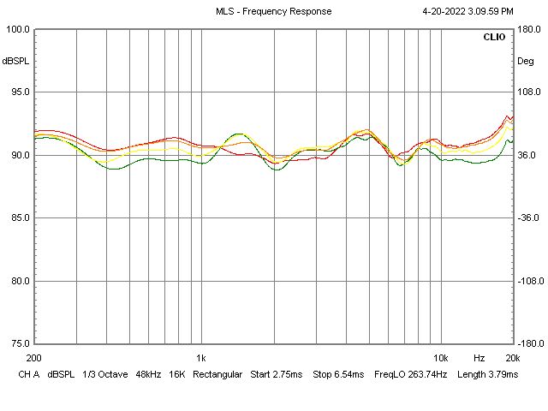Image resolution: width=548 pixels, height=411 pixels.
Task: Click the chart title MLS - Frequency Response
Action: tap(273, 11)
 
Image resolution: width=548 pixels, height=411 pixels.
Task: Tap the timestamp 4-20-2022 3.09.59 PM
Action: tap(468, 11)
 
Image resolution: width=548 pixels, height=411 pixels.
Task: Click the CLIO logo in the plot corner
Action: tap(494, 38)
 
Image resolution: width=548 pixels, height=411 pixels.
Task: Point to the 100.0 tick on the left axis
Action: tap(19, 29)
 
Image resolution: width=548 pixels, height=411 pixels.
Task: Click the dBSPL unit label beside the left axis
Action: tap(15, 61)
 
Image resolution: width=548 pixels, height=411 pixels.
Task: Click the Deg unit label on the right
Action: tap(524, 61)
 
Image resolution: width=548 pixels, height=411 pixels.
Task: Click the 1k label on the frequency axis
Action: tap(201, 357)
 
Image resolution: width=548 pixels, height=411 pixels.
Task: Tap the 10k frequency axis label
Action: tap(441, 357)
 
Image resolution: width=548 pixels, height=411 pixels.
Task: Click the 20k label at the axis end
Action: tap(512, 357)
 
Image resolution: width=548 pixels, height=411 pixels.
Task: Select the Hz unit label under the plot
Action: tap(479, 357)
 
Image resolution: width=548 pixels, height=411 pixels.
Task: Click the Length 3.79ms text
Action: tap(488, 374)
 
